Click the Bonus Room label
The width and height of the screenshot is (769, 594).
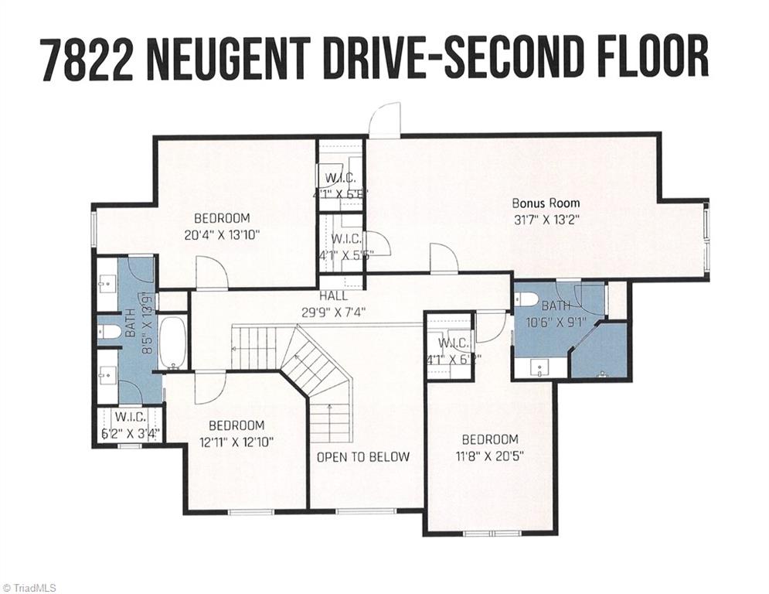[x=546, y=203]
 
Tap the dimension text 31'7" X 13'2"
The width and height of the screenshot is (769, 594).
[x=546, y=219]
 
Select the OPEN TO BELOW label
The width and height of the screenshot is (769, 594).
[x=363, y=456]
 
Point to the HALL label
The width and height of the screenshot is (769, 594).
[x=334, y=296]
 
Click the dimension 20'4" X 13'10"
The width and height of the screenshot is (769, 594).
[x=222, y=234]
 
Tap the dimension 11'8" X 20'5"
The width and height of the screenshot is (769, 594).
[x=486, y=456]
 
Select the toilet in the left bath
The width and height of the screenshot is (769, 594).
[x=110, y=332]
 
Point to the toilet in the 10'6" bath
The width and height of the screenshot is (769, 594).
[x=528, y=299]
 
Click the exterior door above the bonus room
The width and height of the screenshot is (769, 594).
[x=384, y=122]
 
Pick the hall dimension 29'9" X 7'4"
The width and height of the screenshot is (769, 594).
[x=334, y=312]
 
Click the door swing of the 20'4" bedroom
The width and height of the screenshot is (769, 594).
[x=210, y=273]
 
